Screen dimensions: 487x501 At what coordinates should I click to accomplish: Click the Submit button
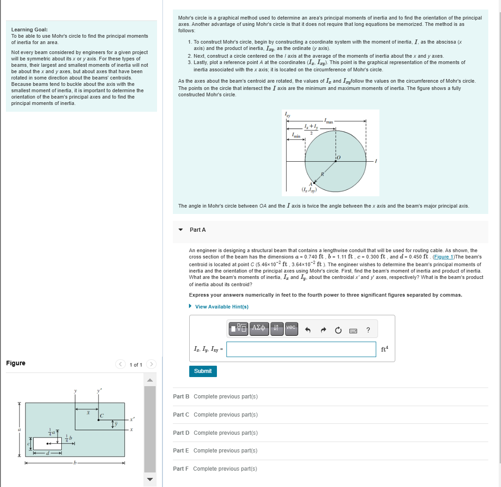click(203, 371)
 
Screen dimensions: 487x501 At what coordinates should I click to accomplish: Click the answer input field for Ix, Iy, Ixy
click(301, 349)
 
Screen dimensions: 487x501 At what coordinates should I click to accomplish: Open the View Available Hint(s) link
click(221, 307)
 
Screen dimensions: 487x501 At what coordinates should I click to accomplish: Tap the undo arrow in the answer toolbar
click(308, 330)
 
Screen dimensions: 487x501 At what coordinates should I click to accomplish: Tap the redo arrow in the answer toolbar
click(323, 330)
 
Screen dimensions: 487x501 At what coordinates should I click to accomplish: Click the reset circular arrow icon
click(338, 330)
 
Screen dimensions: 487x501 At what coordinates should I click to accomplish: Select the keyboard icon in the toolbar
click(353, 330)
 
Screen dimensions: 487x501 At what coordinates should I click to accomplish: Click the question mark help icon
click(368, 330)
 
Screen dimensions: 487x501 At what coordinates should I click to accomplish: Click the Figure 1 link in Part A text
click(447, 257)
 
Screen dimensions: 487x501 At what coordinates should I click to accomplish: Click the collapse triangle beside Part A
click(181, 230)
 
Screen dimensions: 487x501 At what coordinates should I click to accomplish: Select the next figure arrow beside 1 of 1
click(152, 364)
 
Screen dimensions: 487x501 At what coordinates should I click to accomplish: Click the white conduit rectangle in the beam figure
click(47, 443)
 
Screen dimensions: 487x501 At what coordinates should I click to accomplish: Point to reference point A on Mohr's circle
click(314, 183)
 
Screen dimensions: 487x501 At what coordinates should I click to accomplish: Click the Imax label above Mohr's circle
click(329, 122)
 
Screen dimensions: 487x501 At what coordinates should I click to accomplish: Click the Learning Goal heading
click(29, 30)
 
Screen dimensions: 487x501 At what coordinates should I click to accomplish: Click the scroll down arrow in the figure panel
click(150, 479)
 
